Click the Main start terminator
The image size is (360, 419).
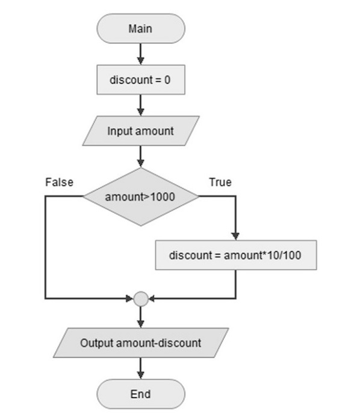tap(140, 28)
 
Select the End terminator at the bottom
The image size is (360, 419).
tap(140, 394)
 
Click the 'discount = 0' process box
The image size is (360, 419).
tap(140, 79)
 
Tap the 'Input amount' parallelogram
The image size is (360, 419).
tap(140, 131)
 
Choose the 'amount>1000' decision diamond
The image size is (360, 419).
tap(140, 197)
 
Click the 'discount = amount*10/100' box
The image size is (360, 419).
tap(235, 255)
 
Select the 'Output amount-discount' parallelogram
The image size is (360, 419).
tap(140, 343)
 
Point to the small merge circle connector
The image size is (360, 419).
tap(140, 298)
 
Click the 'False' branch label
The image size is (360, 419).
tap(59, 182)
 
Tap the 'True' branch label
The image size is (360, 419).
tap(220, 182)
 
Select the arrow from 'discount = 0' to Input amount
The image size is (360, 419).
tap(140, 105)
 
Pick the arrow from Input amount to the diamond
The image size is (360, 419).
tap(140, 157)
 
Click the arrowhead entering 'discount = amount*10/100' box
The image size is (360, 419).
tap(235, 237)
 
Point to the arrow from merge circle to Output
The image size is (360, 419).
tap(140, 316)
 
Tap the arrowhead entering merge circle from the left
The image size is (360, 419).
tap(129, 298)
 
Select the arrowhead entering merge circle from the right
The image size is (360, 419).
tap(152, 298)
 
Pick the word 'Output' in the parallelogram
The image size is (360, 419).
tap(96, 343)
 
